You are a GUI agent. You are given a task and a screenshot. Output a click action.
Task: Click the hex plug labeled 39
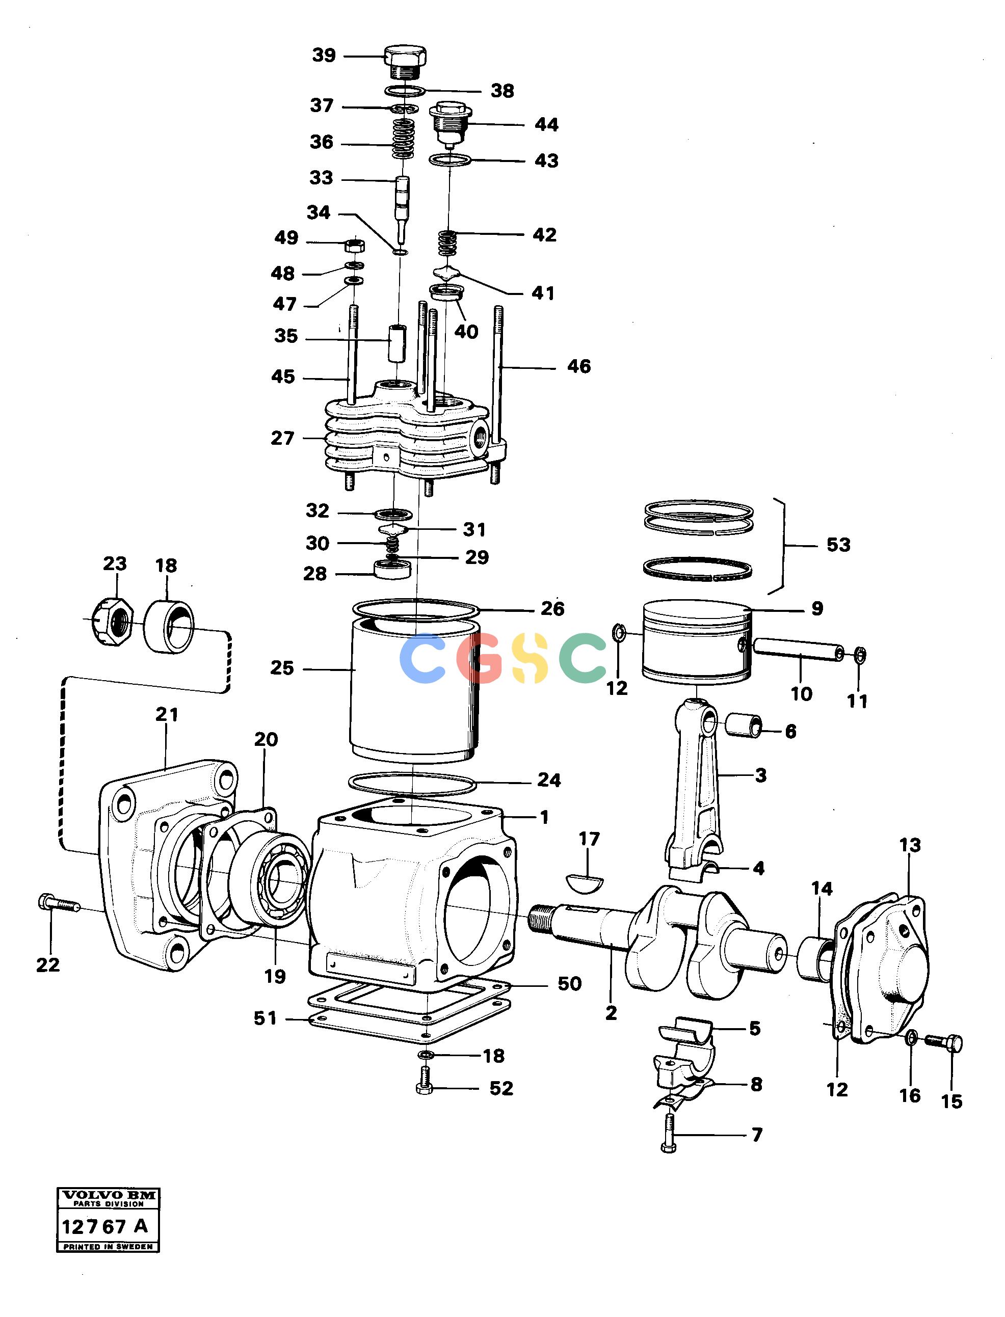(x=405, y=62)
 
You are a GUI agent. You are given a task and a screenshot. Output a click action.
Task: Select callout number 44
(x=546, y=124)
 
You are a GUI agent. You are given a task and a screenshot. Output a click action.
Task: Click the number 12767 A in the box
(x=104, y=1227)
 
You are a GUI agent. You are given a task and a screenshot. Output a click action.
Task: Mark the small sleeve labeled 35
(x=396, y=343)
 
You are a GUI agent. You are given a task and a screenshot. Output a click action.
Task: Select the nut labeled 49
(x=355, y=245)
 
